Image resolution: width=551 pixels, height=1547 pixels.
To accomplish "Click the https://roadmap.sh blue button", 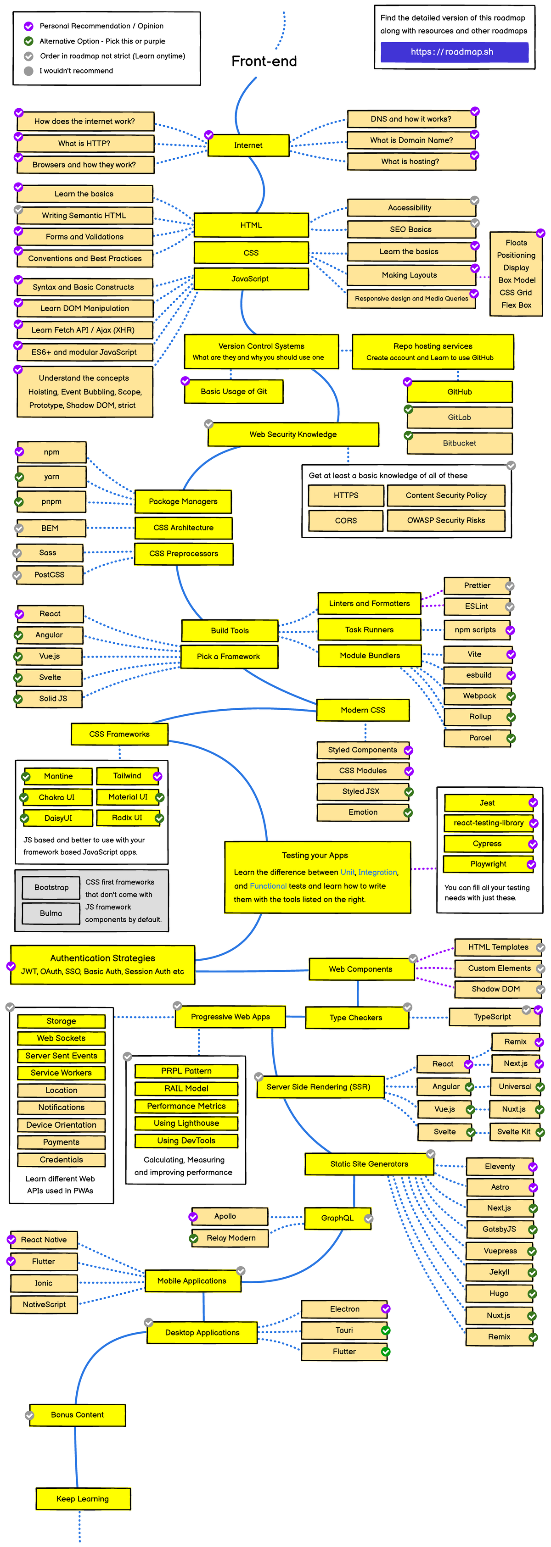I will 454,52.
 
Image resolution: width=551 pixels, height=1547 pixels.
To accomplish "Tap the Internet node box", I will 248,145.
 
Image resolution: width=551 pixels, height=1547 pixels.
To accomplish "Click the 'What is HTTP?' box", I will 85,144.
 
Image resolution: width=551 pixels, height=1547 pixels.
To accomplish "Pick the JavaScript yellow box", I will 251,278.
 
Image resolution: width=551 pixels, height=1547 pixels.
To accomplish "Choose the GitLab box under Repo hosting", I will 460,417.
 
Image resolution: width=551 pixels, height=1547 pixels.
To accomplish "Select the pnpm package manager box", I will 52,501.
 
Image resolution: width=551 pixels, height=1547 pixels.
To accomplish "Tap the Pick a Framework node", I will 229,657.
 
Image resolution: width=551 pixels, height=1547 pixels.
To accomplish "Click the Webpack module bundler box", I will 479,696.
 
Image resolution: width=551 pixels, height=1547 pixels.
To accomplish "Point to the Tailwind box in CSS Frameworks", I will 127,776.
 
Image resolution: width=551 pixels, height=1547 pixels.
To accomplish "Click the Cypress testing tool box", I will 487,844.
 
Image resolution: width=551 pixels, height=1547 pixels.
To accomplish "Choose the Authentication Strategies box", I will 103,964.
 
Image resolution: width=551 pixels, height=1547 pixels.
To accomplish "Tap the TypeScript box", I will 492,1017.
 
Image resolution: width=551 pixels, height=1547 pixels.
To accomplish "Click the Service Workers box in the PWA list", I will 61,1073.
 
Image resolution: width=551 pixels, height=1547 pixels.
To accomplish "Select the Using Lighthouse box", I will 186,1123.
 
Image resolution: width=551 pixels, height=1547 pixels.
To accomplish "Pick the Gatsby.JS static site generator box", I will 499,1230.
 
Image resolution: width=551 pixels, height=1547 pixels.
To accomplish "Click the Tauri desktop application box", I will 344,1330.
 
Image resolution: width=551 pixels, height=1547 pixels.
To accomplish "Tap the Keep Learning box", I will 83,1499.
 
